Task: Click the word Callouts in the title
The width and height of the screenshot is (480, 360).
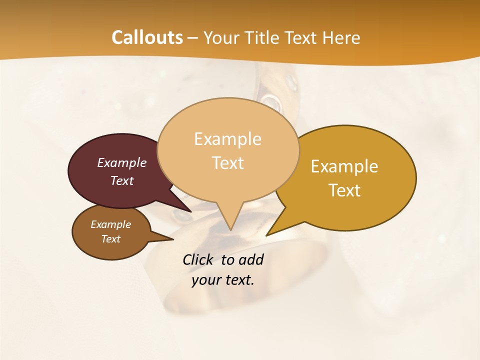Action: pos(147,37)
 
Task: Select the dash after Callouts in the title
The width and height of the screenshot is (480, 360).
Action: pos(193,38)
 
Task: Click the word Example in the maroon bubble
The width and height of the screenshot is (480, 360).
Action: pos(121,163)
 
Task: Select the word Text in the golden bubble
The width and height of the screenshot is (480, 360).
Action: pos(344,190)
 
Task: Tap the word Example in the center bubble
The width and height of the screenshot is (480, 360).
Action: pos(227,139)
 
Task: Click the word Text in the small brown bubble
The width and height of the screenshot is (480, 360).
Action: pos(110,239)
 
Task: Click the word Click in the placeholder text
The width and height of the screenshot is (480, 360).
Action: pos(198,259)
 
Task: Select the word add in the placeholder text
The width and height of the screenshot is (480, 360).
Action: pos(251,259)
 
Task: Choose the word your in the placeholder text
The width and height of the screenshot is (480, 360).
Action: pos(206,280)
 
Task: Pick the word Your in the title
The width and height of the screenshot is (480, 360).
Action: pos(220,37)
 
